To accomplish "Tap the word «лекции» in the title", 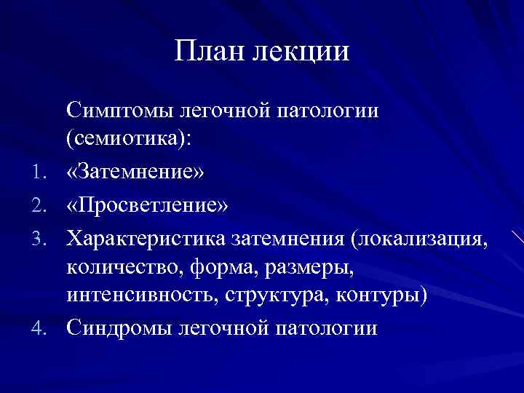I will coord(300,52).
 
